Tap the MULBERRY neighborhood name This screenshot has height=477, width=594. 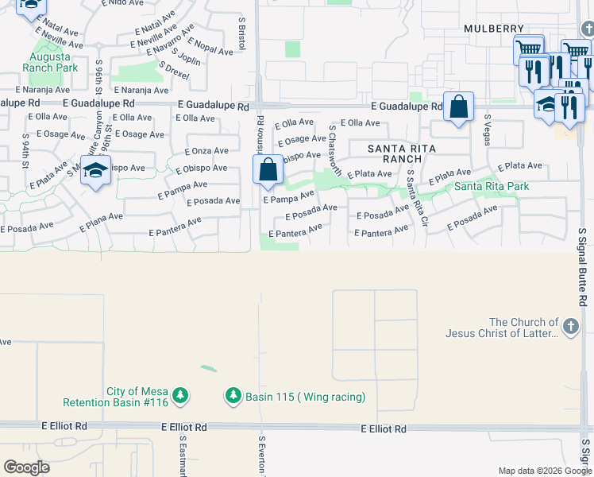coord(494,29)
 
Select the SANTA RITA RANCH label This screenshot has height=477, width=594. coord(395,153)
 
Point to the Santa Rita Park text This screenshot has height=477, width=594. coord(492,187)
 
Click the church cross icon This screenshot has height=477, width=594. coord(569,327)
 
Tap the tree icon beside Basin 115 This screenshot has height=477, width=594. coord(233,395)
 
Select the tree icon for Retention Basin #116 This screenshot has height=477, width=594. coord(180,395)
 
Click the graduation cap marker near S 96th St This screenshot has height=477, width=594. coord(95,172)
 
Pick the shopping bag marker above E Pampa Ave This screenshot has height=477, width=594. coord(268,169)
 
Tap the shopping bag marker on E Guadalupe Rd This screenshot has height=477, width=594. coord(459,107)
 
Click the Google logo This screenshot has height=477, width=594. coord(26,467)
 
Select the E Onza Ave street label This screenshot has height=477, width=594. coord(206,151)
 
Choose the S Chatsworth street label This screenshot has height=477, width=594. coord(334,149)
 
